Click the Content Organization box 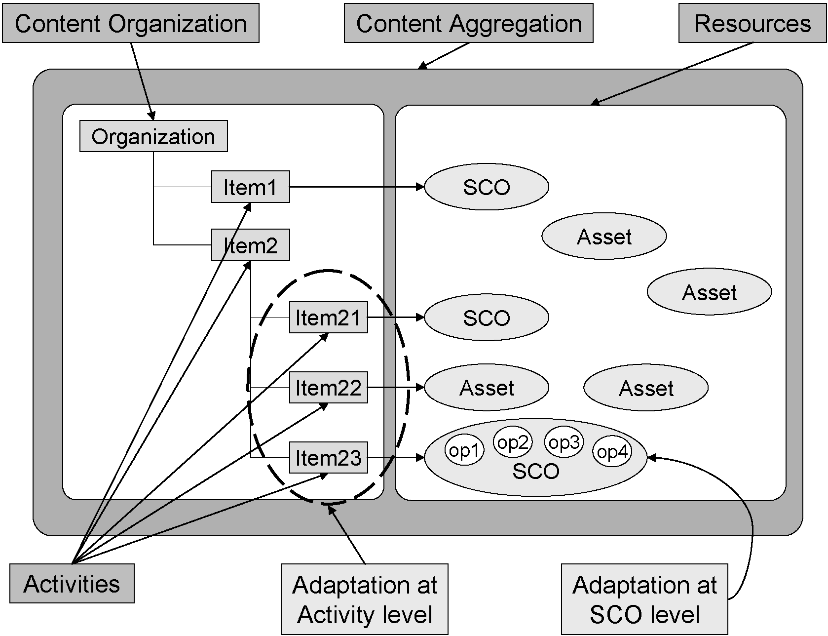coord(131,23)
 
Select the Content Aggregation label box coord(468,23)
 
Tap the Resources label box coord(752,23)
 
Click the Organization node coord(153,136)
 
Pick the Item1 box coord(250,187)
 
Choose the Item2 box coord(250,245)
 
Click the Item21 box coord(328,318)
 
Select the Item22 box coord(328,388)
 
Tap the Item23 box coord(328,458)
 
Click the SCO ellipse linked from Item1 coord(487,187)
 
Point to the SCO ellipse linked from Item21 coord(487,318)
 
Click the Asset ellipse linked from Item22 coord(487,388)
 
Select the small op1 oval coord(464,450)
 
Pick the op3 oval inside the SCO coord(564,442)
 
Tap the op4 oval coord(612,451)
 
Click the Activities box coord(72,584)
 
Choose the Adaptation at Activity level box coord(365,599)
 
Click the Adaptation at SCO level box coord(644,599)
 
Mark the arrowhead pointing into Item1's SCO coord(420,187)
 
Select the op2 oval coord(513,442)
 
